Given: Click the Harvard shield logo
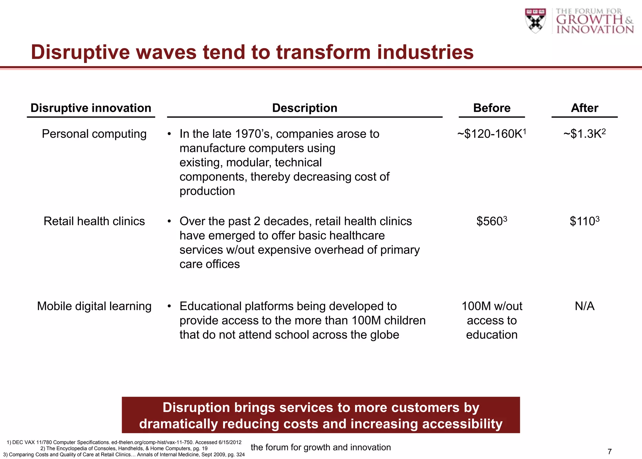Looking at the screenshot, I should [x=535, y=21].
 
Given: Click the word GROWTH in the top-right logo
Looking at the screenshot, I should [x=589, y=19].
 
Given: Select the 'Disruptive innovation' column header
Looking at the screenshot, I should [x=91, y=108].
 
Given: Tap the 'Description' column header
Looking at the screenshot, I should [x=304, y=108].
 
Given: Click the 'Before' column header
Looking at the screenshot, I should [x=492, y=108].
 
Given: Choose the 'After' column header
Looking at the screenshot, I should [x=584, y=108].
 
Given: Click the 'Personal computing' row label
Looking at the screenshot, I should [x=94, y=134].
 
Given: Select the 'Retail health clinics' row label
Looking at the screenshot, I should [x=94, y=221].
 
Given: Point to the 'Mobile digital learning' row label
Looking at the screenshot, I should [x=94, y=306].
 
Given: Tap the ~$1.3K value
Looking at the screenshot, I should [x=584, y=134].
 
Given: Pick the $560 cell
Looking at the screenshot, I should [x=491, y=221].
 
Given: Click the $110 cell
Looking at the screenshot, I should [x=584, y=221].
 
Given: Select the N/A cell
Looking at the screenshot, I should [x=584, y=306].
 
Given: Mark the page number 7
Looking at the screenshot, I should [x=609, y=452].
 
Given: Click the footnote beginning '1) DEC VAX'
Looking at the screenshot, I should [x=124, y=442].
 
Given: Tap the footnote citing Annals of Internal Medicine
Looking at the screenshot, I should [x=124, y=455].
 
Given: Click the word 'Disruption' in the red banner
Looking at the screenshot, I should [x=197, y=408].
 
